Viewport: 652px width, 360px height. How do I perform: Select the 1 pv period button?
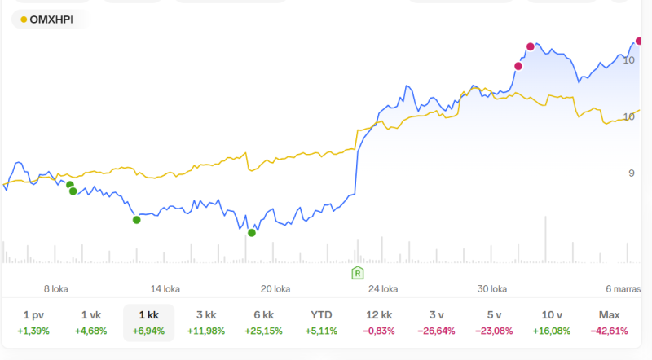tap(37, 323)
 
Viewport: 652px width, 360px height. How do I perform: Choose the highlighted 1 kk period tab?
tap(148, 323)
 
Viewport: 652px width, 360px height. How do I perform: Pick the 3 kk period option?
tap(205, 323)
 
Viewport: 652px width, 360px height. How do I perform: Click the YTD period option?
tap(321, 323)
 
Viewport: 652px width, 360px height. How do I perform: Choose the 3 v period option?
tap(437, 323)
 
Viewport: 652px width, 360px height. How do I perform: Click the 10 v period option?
tap(551, 323)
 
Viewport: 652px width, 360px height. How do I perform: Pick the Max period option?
tap(609, 323)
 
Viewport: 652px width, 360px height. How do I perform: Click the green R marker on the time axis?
tap(357, 272)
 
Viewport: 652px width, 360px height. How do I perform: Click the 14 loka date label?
tap(165, 288)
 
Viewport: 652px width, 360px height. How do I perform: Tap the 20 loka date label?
tap(275, 288)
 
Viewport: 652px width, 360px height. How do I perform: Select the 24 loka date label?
tap(383, 288)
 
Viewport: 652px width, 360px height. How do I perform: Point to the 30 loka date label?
tap(492, 288)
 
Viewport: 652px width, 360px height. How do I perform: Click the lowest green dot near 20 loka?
tap(252, 233)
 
